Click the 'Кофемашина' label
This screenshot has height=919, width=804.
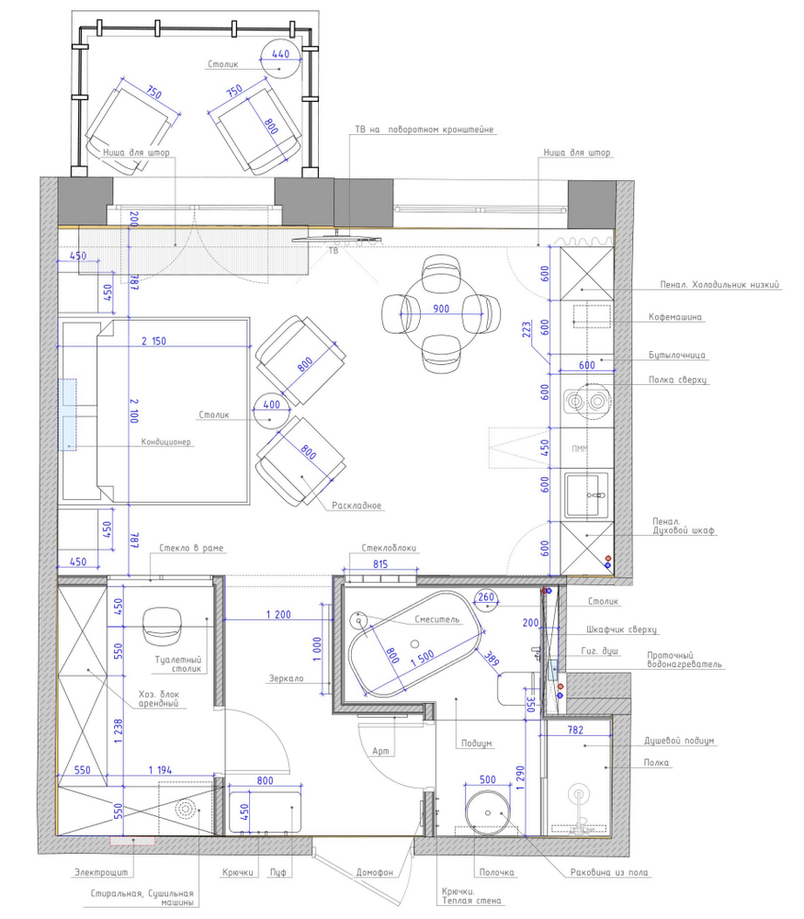tap(674, 317)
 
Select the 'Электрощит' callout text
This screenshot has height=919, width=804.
tap(101, 872)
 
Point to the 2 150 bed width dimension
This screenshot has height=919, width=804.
tap(153, 341)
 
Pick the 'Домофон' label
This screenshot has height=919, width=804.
tap(375, 872)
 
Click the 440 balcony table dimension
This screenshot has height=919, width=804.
tap(280, 53)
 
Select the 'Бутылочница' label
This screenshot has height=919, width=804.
tap(677, 355)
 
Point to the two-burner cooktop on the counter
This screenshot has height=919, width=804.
tap(586, 402)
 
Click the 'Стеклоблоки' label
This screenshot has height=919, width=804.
tap(389, 548)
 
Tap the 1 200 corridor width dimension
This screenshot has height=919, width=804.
tap(278, 614)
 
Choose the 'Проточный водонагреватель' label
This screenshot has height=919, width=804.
tap(685, 660)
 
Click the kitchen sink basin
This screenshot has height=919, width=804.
tap(583, 495)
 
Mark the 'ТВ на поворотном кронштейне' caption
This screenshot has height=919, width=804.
tap(425, 130)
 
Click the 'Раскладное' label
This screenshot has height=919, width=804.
tap(357, 505)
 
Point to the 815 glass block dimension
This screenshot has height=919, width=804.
tap(380, 564)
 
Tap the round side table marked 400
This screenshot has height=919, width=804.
tap(271, 411)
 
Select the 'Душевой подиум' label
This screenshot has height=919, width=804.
tap(679, 741)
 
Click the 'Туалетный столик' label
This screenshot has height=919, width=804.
tap(178, 664)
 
